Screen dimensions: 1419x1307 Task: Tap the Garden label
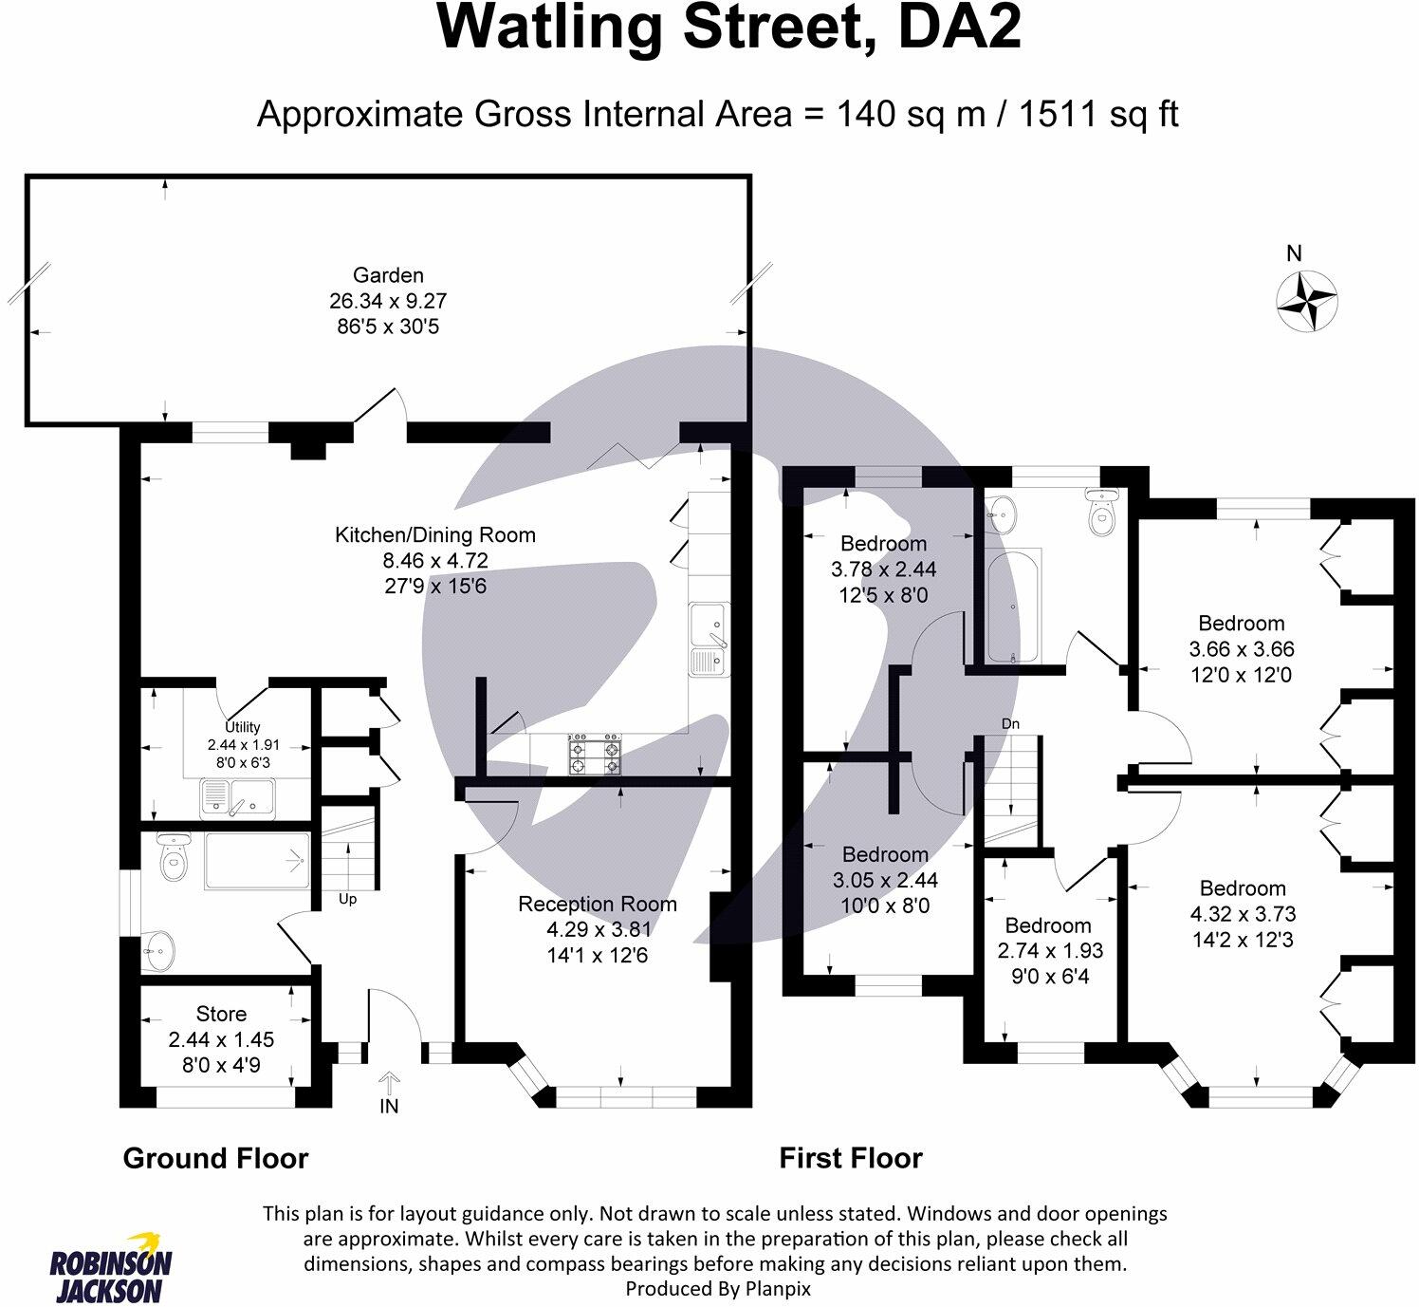pyautogui.click(x=388, y=275)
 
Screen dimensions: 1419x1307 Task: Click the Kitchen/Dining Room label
pyautogui.click(x=435, y=535)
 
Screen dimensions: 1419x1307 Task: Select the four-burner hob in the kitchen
pyautogui.click(x=595, y=755)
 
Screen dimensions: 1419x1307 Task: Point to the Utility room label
pyautogui.click(x=243, y=727)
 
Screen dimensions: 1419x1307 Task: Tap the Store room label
pyautogui.click(x=221, y=1014)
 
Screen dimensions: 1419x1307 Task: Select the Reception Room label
pyautogui.click(x=597, y=904)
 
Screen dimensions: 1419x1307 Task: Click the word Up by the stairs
pyautogui.click(x=348, y=898)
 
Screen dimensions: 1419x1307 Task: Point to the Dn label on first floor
pyautogui.click(x=1010, y=723)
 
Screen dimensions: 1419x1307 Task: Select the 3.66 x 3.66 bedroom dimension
pyautogui.click(x=1241, y=649)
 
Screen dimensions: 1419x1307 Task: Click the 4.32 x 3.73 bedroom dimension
pyautogui.click(x=1242, y=914)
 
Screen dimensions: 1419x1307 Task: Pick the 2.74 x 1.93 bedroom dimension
pyautogui.click(x=1049, y=950)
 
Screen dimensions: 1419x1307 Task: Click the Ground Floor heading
pyautogui.click(x=215, y=1158)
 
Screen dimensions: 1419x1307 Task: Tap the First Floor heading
pyautogui.click(x=850, y=1158)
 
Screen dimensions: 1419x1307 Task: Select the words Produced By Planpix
pyautogui.click(x=717, y=1288)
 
